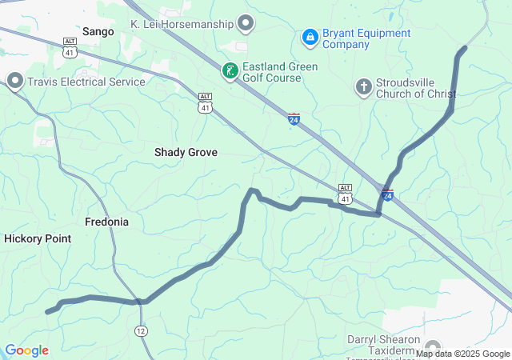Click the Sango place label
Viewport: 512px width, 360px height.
coord(98,31)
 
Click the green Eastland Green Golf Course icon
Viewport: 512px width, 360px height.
coord(230,72)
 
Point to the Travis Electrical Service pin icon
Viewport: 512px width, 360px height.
coord(14,81)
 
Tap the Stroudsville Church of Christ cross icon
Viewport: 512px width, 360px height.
coord(363,86)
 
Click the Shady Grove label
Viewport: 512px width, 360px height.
coord(186,151)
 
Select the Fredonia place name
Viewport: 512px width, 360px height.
coord(107,222)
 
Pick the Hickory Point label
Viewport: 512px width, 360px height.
coord(38,238)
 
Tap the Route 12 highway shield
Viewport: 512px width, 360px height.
coord(141,330)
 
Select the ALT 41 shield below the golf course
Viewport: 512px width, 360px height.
coord(206,102)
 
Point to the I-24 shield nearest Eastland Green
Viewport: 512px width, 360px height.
coord(294,119)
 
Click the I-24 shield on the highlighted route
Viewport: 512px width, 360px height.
coord(387,194)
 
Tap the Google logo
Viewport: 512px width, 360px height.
coord(26,350)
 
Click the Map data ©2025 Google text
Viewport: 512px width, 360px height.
coord(462,354)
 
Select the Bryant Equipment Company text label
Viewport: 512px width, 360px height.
coord(366,39)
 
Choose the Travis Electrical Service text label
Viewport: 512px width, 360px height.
coord(86,82)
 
